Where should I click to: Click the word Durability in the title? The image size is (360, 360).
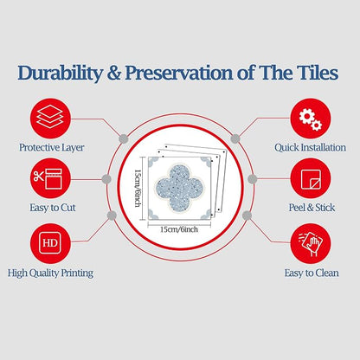point(60,73)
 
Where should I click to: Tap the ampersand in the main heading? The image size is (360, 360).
point(113,73)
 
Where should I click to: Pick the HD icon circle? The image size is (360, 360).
point(50,243)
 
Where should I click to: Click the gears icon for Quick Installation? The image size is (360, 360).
point(311,119)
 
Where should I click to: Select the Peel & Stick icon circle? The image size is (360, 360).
point(311,178)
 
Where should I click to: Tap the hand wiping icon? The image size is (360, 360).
point(311,243)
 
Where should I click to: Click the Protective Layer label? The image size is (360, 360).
point(52,148)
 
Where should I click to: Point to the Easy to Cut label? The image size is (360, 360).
point(53,208)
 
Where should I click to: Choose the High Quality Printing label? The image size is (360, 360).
point(50,273)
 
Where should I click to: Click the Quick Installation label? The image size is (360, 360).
point(310,148)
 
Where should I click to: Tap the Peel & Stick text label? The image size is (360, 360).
point(312,208)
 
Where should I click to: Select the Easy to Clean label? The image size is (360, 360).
point(312,273)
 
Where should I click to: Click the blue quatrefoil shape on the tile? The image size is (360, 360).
point(179,187)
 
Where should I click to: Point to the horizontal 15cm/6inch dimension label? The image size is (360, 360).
point(179,229)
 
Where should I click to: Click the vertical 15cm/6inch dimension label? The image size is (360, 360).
point(138,188)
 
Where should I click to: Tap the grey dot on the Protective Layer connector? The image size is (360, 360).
point(124,138)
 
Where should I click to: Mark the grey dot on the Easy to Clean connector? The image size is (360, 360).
point(247,215)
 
